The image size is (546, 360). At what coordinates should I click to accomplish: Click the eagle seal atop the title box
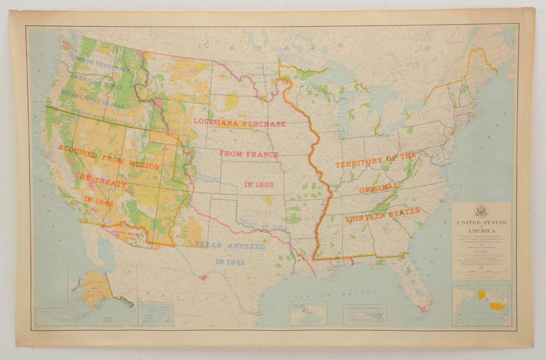point(481,212)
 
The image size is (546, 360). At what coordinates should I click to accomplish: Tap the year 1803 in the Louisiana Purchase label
point(259,185)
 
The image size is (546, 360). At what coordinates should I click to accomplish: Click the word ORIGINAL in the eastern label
point(378,187)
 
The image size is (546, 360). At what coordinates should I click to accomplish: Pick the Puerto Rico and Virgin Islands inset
point(365,315)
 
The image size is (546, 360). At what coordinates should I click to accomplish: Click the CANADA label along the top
point(273,46)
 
